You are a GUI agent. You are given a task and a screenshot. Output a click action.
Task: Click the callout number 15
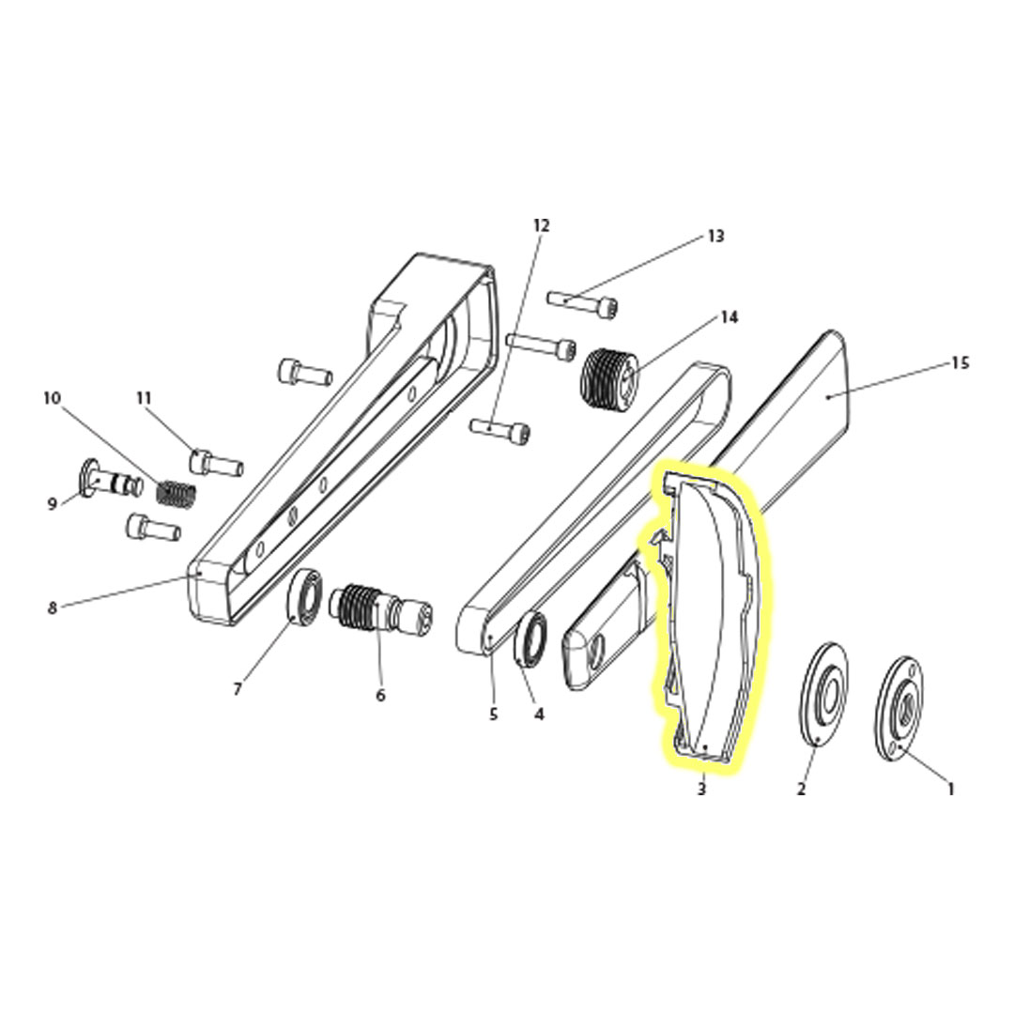pyautogui.click(x=960, y=362)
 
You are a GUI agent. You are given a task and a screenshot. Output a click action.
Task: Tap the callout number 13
pyautogui.click(x=715, y=236)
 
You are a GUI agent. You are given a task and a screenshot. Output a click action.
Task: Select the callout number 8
pyautogui.click(x=53, y=607)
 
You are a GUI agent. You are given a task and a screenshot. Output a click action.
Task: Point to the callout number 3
pyautogui.click(x=701, y=790)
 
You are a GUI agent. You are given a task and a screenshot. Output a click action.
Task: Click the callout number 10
pyautogui.click(x=52, y=398)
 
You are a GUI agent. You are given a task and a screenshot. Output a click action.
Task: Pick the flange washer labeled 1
pyautogui.click(x=898, y=701)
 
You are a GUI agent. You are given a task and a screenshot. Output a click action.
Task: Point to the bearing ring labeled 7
pyautogui.click(x=305, y=596)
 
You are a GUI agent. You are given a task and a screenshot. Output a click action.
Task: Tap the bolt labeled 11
pyautogui.click(x=216, y=463)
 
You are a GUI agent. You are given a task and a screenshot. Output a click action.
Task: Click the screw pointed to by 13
pyautogui.click(x=582, y=303)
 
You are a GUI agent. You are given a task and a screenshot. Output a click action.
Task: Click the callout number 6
pyautogui.click(x=380, y=696)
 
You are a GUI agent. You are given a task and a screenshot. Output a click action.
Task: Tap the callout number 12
pyautogui.click(x=541, y=225)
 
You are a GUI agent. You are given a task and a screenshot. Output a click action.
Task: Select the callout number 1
pyautogui.click(x=950, y=790)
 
